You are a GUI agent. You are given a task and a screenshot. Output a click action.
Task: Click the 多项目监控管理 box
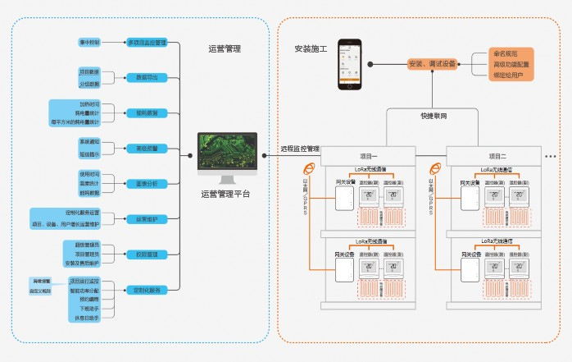pyautogui.click(x=148, y=42)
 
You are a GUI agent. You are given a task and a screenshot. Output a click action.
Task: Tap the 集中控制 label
pyautogui.click(x=89, y=42)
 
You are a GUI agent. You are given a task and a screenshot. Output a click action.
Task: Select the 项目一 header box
pyautogui.click(x=368, y=155)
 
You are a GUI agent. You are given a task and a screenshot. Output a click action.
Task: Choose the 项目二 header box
pyautogui.click(x=493, y=155)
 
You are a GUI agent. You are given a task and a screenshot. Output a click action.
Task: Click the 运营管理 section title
pyautogui.click(x=225, y=49)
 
